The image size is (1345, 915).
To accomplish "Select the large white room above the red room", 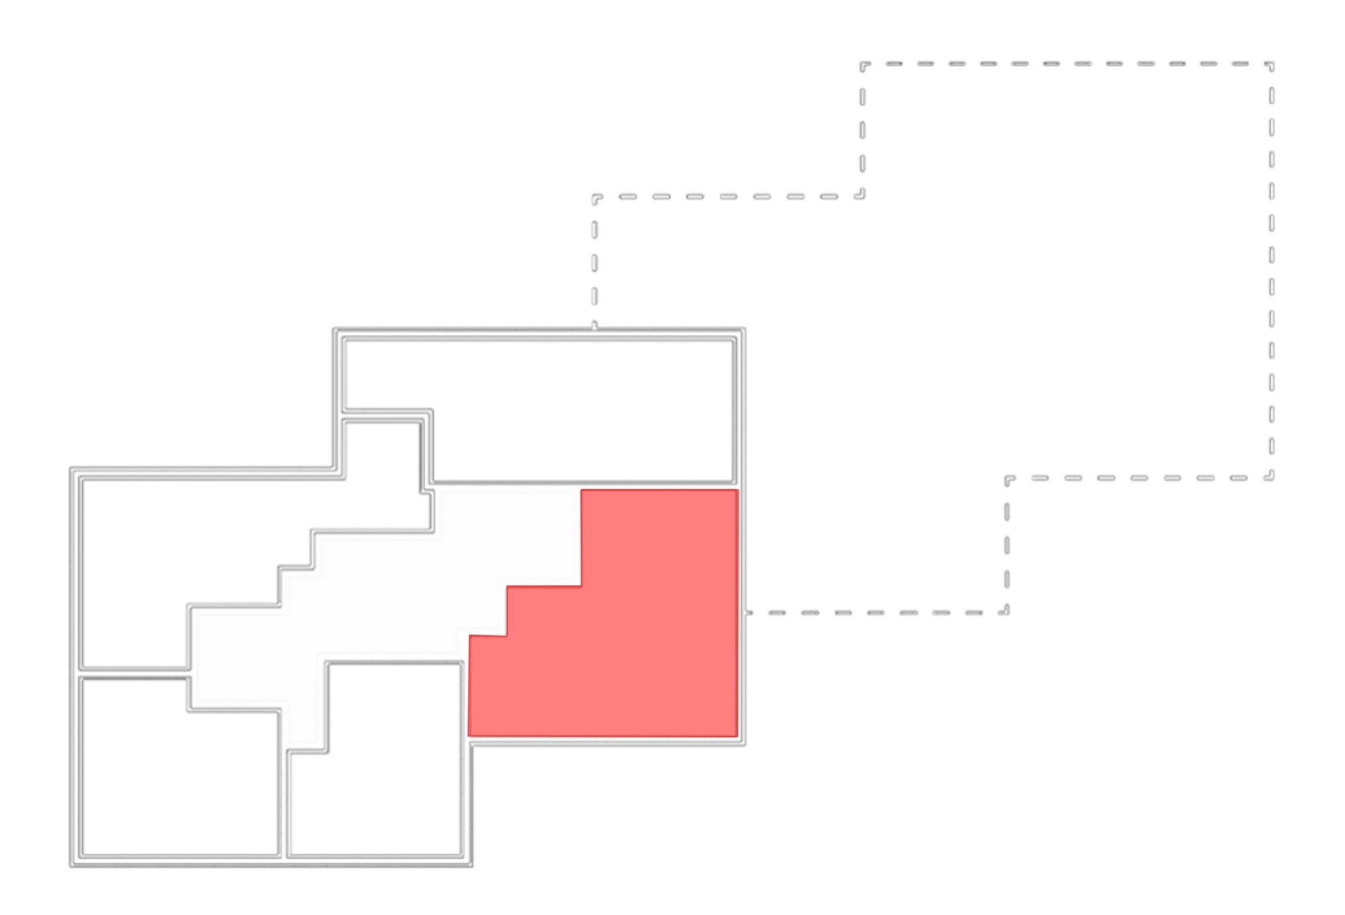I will (x=578, y=410).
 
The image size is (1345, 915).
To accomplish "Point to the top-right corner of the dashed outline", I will (x=1271, y=65).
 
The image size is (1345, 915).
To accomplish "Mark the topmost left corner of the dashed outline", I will (x=862, y=65).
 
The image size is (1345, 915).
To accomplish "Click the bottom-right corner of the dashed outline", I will (x=1271, y=478).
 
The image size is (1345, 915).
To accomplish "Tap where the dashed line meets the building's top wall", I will (x=594, y=328).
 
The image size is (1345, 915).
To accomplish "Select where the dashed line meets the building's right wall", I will (x=746, y=613).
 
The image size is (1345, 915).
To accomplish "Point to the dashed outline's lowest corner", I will (x=1007, y=613).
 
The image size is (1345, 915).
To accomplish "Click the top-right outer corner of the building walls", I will (x=745, y=329).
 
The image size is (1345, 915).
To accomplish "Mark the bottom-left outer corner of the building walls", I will (x=71, y=865).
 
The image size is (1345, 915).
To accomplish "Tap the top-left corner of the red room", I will (x=582, y=491).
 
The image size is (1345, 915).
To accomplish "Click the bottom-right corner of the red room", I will (x=736, y=735).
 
